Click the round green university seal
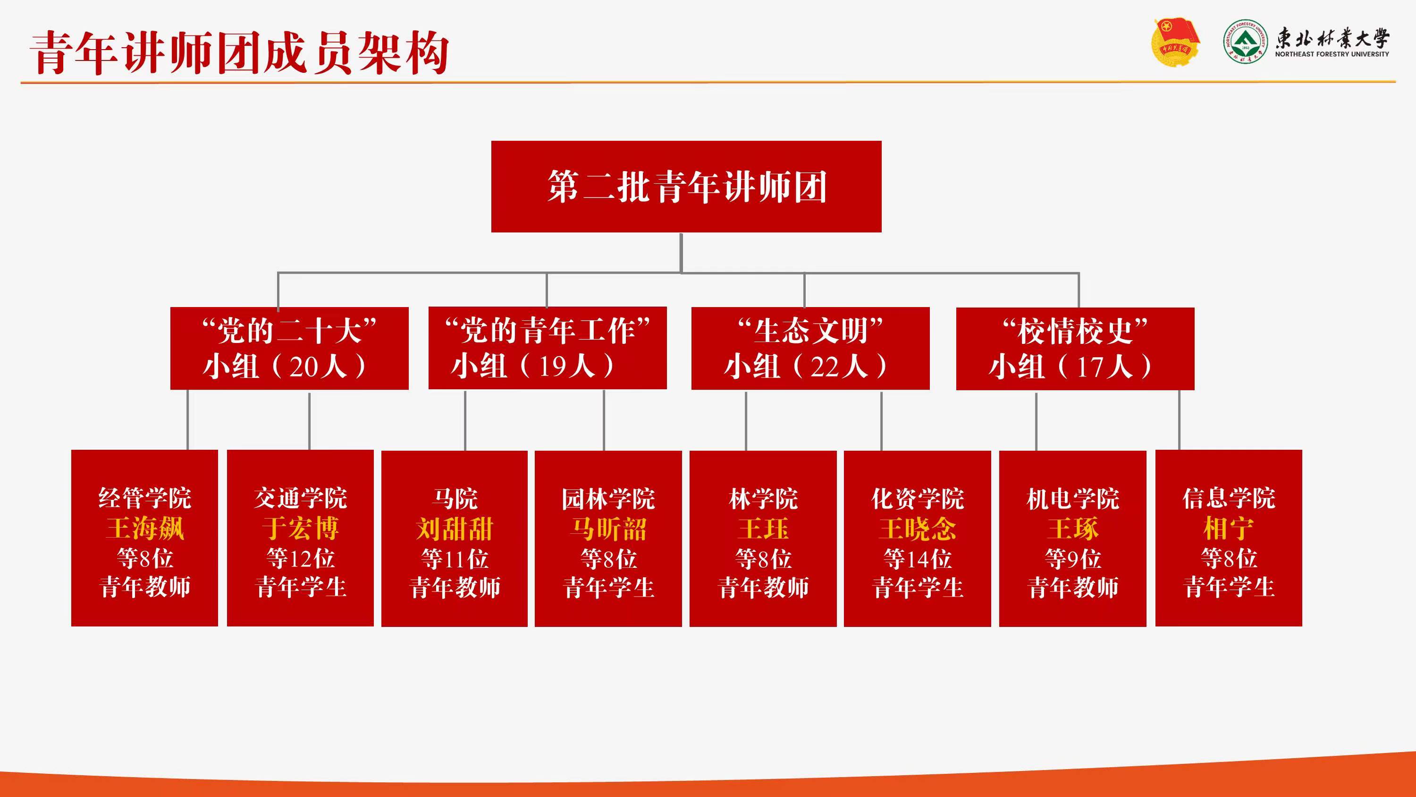click(x=1246, y=42)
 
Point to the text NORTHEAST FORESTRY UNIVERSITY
click(x=1332, y=54)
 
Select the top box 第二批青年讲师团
click(x=686, y=187)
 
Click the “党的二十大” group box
click(x=289, y=348)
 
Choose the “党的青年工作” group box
click(x=548, y=348)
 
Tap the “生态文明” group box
click(x=810, y=348)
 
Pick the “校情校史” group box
click(x=1075, y=349)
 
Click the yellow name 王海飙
click(x=145, y=529)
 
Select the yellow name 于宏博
click(x=300, y=529)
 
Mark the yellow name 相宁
click(x=1229, y=529)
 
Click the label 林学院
click(x=763, y=499)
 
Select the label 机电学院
click(x=1072, y=499)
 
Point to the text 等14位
click(x=918, y=559)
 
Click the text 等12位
click(x=300, y=558)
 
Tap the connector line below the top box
click(x=681, y=253)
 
